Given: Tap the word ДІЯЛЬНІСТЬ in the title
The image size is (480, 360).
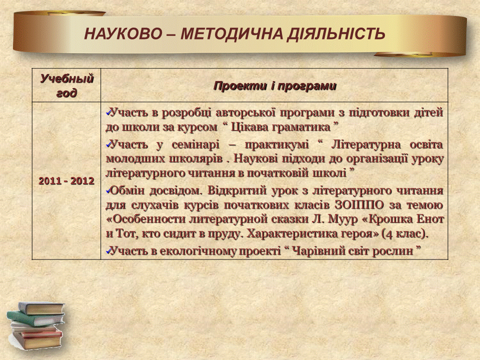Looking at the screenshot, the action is tap(336, 33).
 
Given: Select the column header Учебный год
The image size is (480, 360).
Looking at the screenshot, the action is tap(66, 85).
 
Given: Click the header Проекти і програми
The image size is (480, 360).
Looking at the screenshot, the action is tap(274, 86).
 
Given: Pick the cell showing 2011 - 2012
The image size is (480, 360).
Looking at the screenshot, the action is tap(66, 181).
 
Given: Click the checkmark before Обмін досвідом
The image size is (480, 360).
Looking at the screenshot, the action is tap(108, 191).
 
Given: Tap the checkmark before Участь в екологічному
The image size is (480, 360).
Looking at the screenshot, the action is tap(108, 251).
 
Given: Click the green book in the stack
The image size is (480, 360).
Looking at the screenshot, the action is tap(34, 318).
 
